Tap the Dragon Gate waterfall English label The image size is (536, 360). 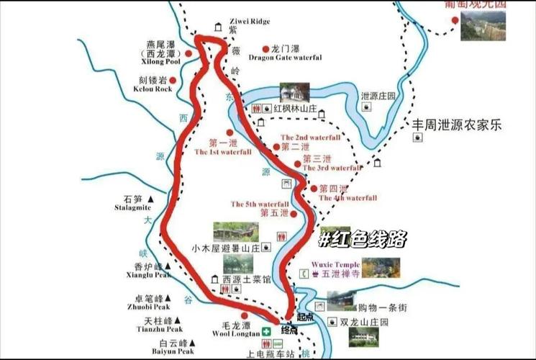point(286,57)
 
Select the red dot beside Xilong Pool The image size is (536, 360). point(188,53)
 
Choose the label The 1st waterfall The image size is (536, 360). point(223,152)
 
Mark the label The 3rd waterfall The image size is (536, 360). point(332,168)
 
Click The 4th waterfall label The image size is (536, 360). point(348,197)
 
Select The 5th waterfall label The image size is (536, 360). point(260,204)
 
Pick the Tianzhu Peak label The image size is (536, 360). point(153,328)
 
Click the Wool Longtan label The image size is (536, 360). point(232,333)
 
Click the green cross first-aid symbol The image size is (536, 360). point(267,331)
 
